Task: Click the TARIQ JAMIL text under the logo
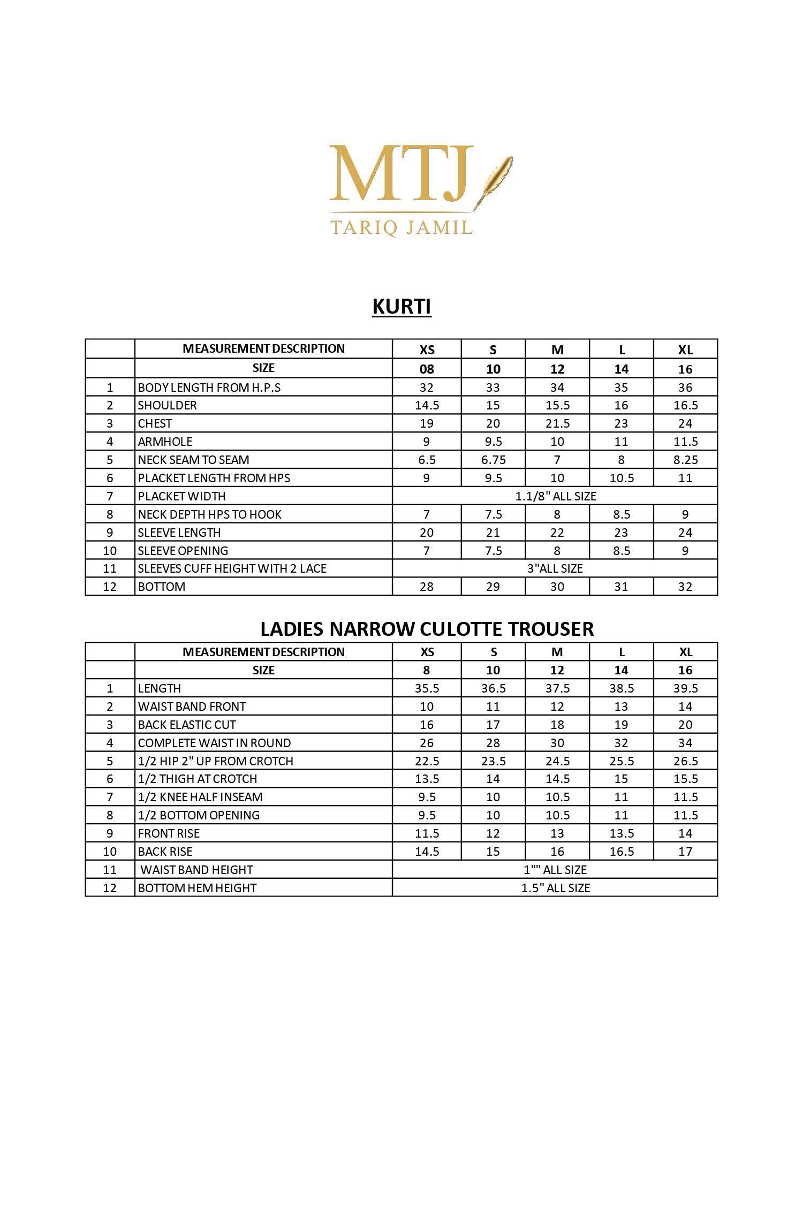401,227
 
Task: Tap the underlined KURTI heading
401,307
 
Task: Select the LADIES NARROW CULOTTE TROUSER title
427,629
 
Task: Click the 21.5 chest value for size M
557,423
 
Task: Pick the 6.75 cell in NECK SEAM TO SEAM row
493,460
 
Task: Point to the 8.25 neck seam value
685,460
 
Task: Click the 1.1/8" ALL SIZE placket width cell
555,496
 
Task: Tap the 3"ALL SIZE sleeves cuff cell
555,568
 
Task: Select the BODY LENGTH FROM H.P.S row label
209,387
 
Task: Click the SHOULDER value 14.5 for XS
427,405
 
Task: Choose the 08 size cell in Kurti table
427,369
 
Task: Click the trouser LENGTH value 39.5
685,688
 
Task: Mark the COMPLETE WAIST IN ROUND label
214,743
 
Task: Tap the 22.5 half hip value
427,761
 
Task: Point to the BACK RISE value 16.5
622,852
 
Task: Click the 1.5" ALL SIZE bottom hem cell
555,888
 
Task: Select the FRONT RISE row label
169,833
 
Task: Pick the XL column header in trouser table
685,652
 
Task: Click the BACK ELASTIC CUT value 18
557,725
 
